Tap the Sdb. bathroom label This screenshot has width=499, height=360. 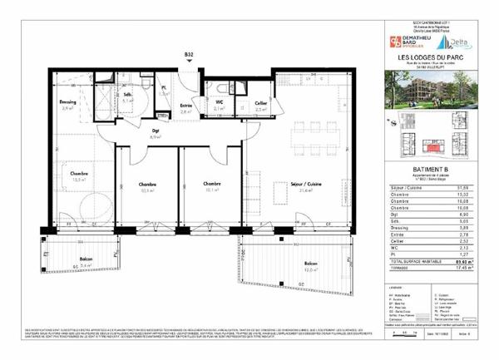coord(105,95)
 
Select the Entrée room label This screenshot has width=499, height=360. coord(185,105)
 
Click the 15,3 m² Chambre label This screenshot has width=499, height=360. coord(79,175)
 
